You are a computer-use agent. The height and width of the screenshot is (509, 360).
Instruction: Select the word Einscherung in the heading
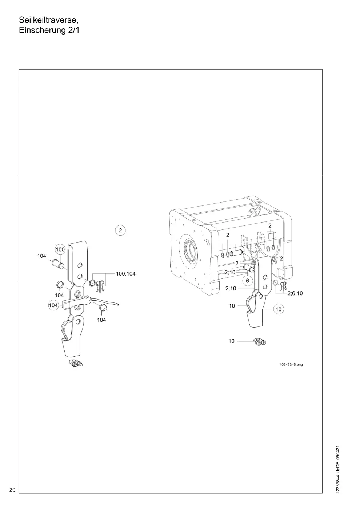(42, 30)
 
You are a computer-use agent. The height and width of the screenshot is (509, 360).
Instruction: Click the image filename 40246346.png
(291, 365)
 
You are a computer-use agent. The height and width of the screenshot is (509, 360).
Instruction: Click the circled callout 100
(60, 249)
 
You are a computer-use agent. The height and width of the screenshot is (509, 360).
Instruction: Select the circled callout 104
(53, 305)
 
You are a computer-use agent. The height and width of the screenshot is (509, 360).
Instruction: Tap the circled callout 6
(248, 281)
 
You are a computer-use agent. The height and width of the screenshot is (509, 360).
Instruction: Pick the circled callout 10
(279, 309)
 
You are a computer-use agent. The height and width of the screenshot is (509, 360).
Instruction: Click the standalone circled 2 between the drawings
(120, 231)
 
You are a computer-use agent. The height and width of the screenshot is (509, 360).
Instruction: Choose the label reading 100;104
(126, 273)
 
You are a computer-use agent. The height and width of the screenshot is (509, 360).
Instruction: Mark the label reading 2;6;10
(295, 293)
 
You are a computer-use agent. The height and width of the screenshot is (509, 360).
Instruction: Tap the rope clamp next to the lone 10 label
(260, 341)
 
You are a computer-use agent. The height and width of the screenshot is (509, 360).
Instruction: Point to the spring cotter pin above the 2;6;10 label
(283, 285)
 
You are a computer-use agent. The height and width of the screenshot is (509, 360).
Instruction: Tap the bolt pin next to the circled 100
(58, 264)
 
